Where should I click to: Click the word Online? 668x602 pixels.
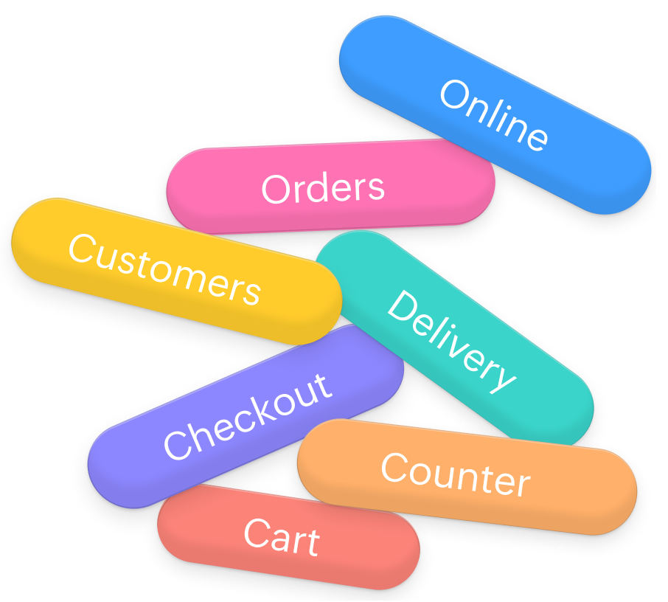[x=494, y=115]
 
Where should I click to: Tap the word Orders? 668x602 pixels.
[x=323, y=188]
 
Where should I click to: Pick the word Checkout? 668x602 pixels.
[x=247, y=417]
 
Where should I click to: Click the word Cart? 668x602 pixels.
[x=282, y=537]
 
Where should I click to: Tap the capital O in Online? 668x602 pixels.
[x=455, y=95]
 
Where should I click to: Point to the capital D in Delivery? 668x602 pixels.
[x=402, y=306]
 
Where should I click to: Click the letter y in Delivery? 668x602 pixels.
[x=501, y=378]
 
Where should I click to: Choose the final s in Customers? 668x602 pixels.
[x=251, y=292]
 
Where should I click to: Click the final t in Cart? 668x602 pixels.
[x=313, y=542]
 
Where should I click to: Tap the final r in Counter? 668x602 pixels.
[x=522, y=484]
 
